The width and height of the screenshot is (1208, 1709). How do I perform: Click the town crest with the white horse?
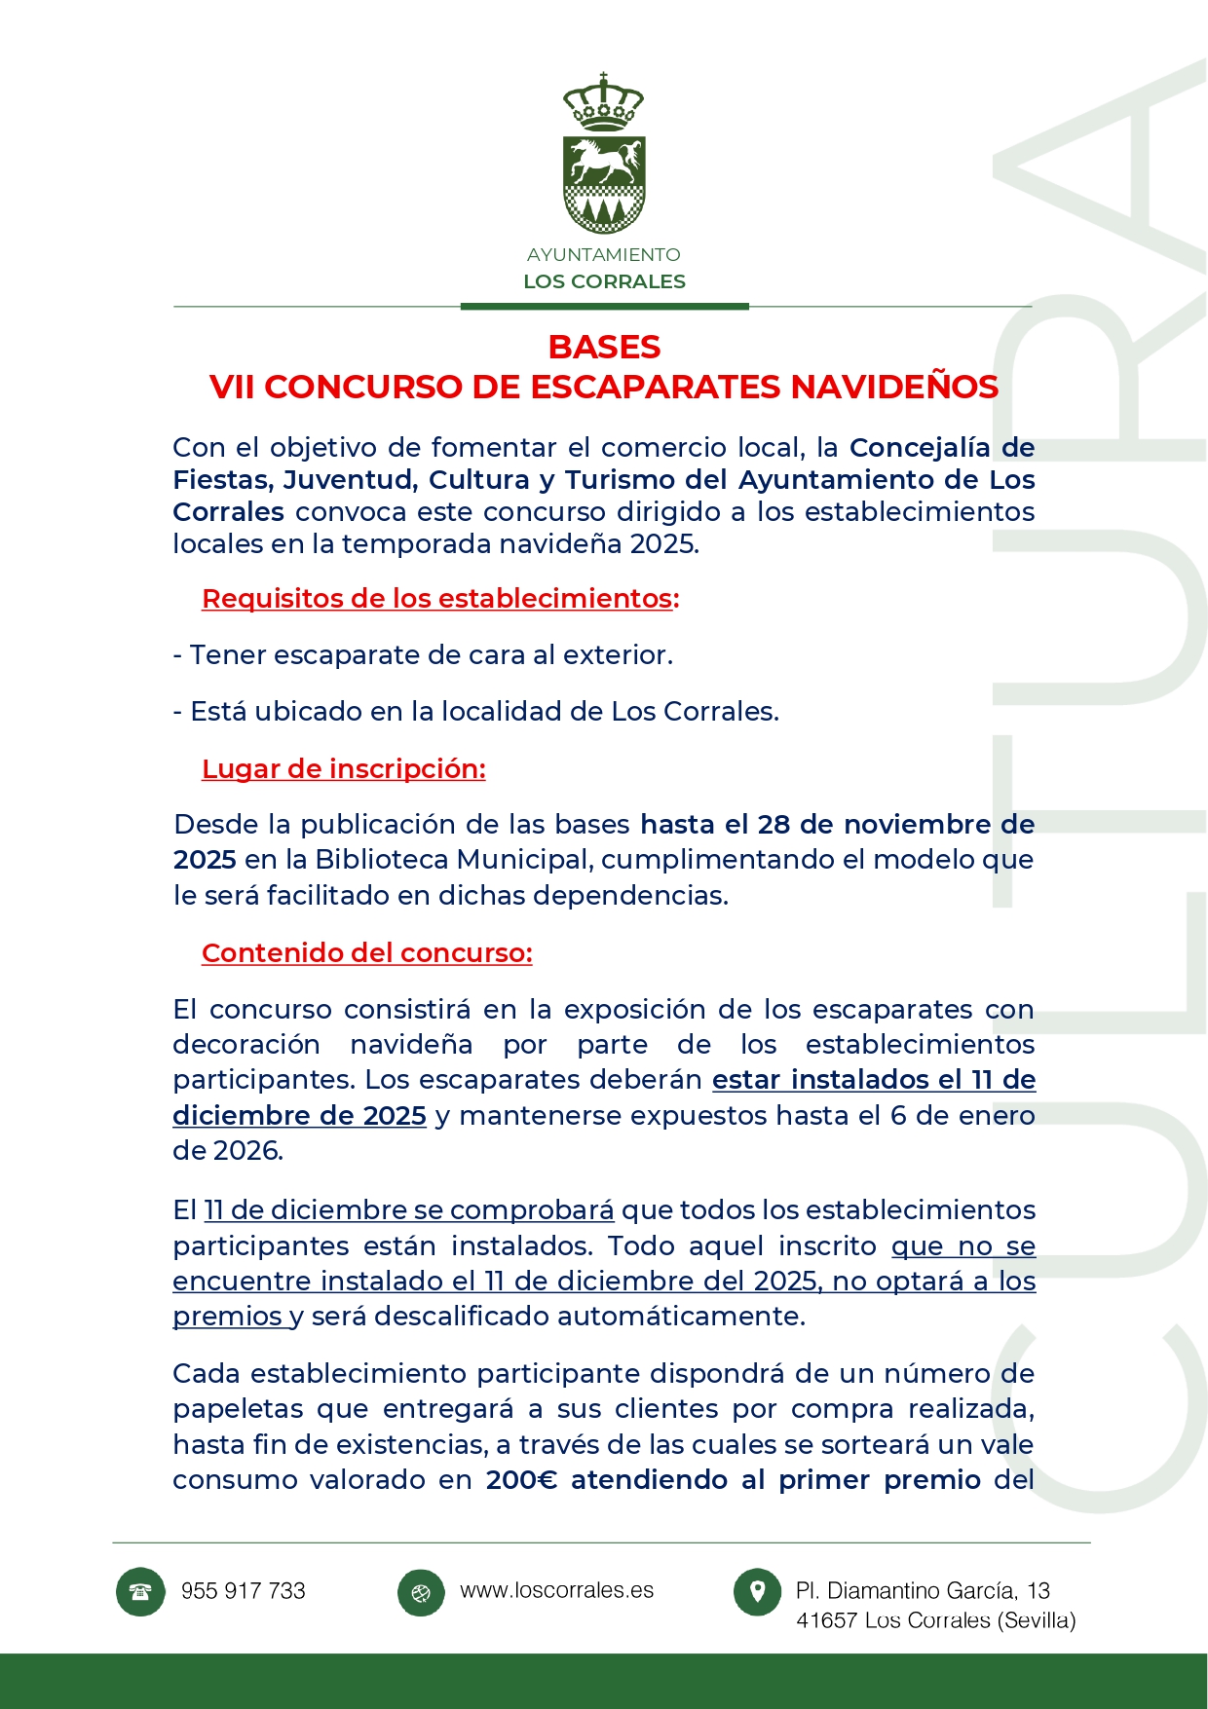(x=604, y=183)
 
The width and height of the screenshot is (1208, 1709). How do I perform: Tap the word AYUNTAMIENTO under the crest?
(x=604, y=255)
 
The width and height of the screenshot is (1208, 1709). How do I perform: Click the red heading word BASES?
(x=604, y=348)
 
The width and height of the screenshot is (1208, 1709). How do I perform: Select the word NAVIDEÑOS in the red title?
(x=893, y=388)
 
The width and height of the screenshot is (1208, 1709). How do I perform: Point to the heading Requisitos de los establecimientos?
(x=439, y=599)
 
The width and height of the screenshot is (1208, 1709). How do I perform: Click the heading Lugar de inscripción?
(x=343, y=769)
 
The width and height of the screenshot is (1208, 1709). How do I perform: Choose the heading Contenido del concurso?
(x=366, y=953)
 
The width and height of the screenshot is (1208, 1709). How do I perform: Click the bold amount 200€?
(x=521, y=1480)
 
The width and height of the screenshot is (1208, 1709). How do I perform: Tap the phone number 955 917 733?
(x=244, y=1591)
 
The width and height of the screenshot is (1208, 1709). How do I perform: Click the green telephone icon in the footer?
(x=140, y=1592)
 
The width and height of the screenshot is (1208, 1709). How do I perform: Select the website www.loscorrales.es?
(x=556, y=1590)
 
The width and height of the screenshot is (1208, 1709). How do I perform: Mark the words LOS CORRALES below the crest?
(x=604, y=281)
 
